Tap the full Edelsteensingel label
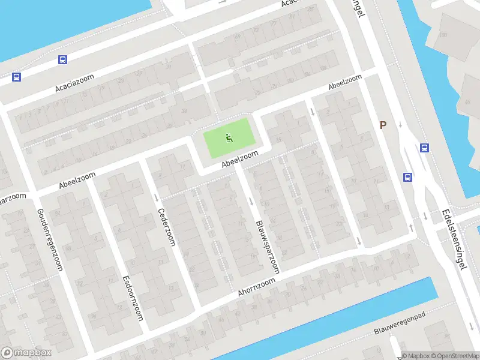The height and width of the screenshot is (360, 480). [454, 239]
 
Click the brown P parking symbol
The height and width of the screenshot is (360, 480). [383, 125]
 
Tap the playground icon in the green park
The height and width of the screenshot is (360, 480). [229, 139]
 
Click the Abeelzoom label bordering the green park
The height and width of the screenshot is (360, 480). [239, 160]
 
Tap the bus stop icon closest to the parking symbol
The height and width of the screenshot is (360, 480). [424, 148]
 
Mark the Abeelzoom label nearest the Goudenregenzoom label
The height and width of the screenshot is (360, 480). [78, 179]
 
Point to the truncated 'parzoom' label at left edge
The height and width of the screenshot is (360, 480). [13, 197]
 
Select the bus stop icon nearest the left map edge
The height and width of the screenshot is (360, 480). [16, 77]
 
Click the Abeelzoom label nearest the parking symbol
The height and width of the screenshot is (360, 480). [345, 83]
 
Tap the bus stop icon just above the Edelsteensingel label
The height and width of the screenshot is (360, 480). [408, 177]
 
